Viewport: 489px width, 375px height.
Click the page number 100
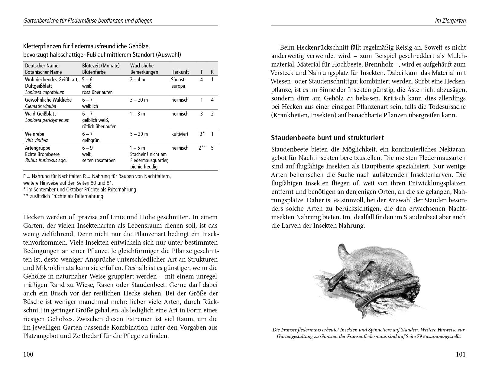point(28,354)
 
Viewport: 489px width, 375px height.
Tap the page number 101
point(460,354)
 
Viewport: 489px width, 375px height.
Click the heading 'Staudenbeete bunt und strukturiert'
point(327,138)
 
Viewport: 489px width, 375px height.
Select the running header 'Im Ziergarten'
point(450,21)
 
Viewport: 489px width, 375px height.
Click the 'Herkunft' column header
point(180,72)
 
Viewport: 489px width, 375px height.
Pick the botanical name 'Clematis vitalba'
point(40,106)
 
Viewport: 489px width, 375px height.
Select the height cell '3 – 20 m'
point(139,100)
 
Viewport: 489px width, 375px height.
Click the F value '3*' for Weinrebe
point(202,134)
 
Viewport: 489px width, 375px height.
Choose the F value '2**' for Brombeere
point(202,148)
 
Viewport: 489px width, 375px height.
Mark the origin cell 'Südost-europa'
point(179,83)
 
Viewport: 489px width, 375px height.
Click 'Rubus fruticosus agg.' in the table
point(46,161)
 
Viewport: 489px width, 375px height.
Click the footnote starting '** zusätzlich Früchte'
point(63,196)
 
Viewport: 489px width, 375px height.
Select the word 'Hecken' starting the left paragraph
point(33,217)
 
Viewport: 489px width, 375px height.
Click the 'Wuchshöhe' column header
point(142,66)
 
